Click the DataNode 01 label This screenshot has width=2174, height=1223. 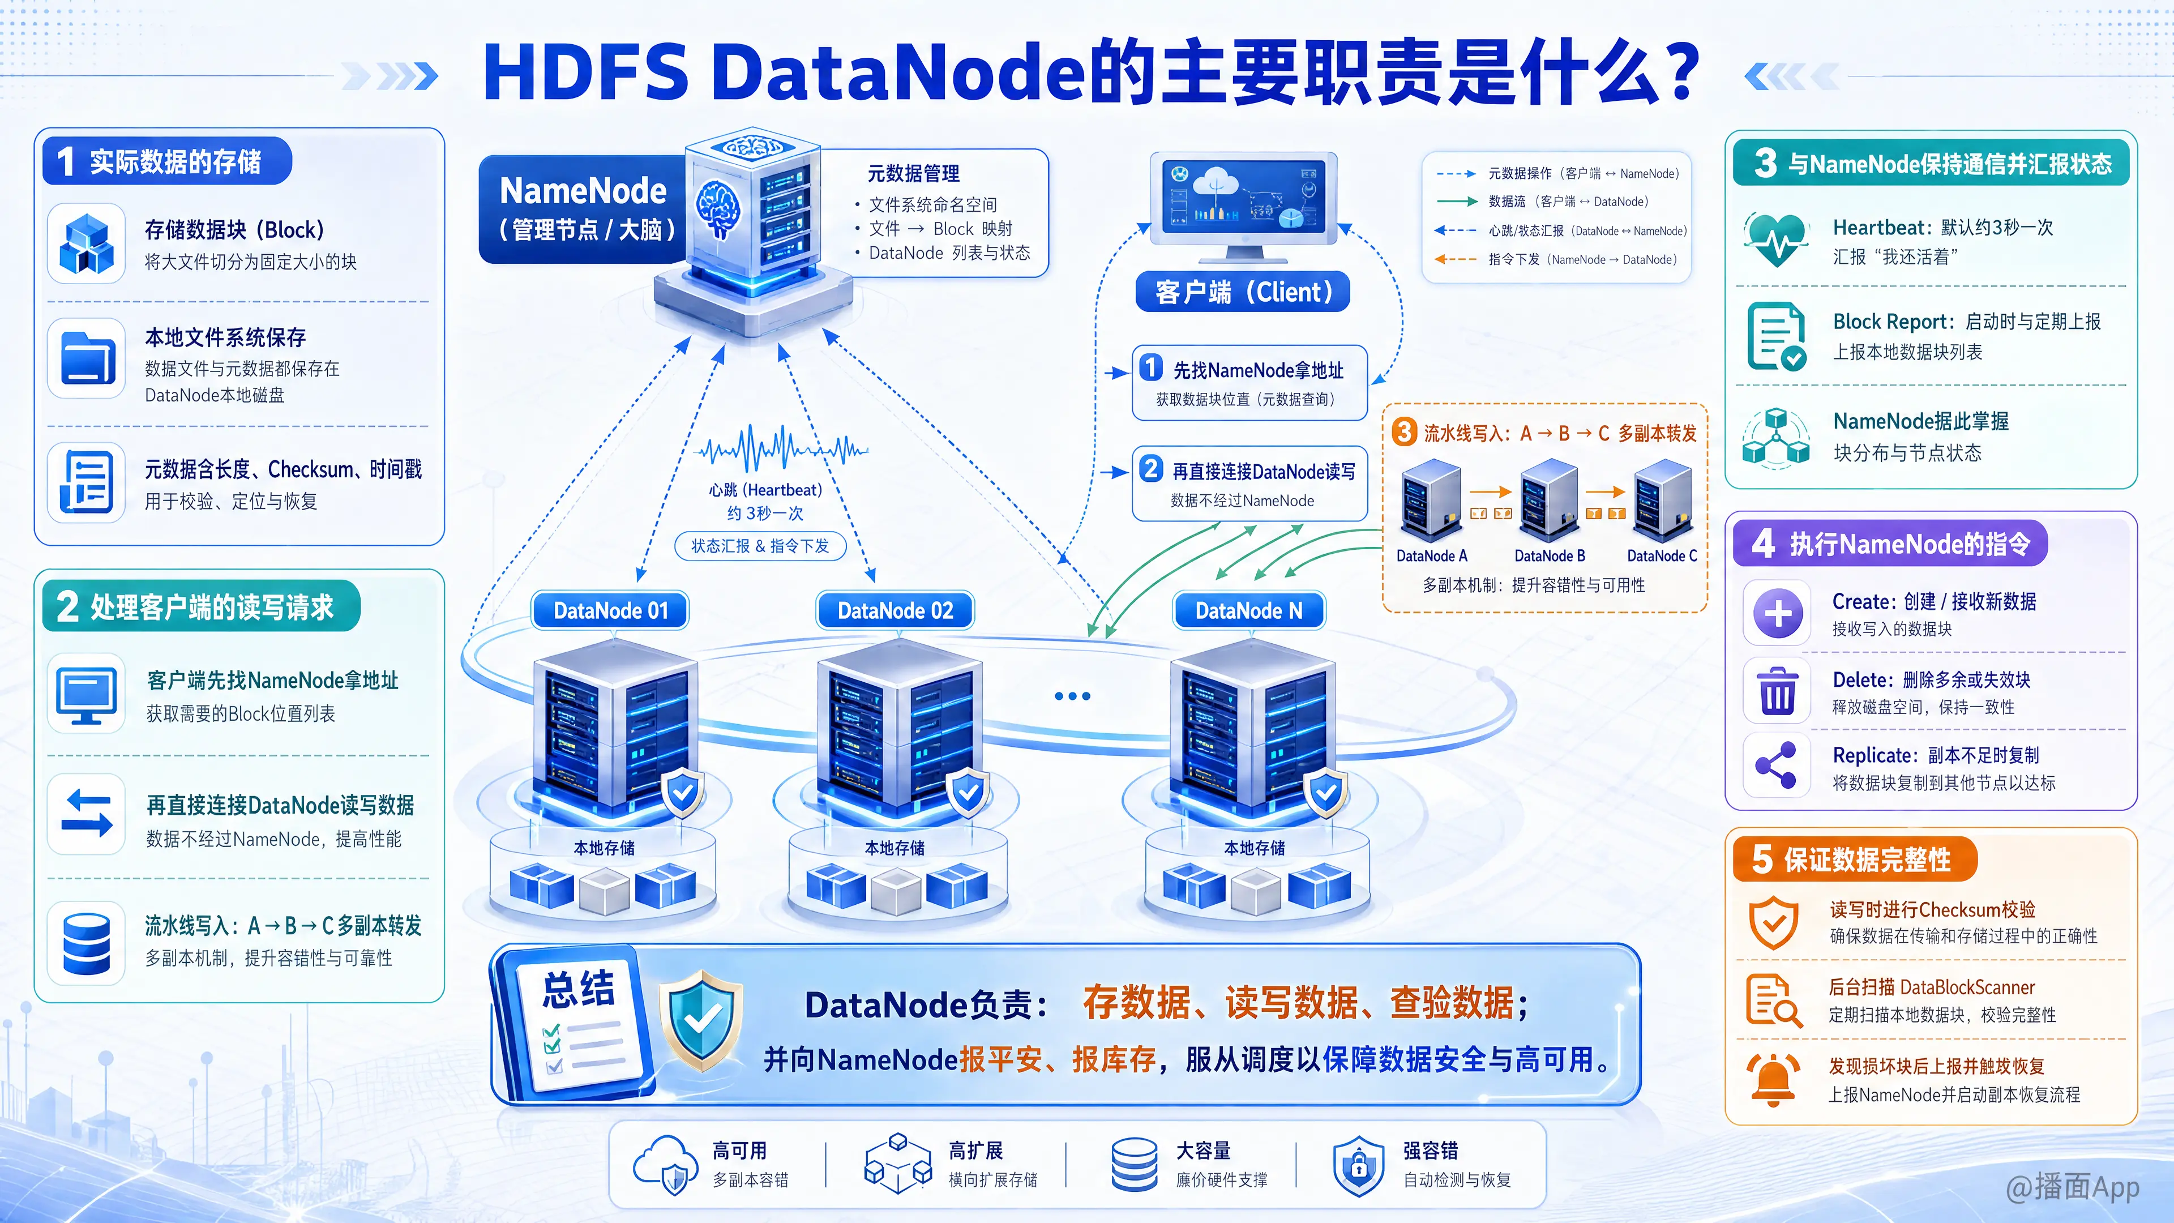[610, 610]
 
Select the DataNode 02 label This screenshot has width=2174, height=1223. [896, 610]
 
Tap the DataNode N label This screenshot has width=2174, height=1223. [1249, 610]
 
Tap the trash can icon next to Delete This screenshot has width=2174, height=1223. [1777, 691]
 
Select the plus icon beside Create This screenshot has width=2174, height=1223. [1777, 614]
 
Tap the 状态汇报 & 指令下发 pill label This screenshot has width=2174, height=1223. [760, 546]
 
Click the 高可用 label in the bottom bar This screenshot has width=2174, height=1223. [739, 1151]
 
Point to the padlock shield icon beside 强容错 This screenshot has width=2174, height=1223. [1358, 1166]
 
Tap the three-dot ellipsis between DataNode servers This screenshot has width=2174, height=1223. [1073, 696]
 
